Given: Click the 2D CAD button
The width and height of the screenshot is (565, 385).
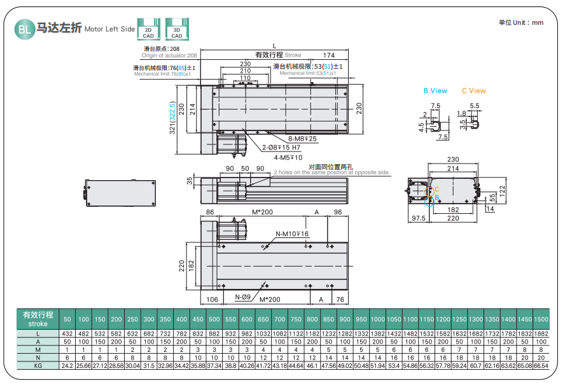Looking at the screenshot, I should tap(148, 30).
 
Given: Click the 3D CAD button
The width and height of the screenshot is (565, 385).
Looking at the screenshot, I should tap(176, 30).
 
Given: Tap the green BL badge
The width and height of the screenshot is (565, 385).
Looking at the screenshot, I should tap(23, 29).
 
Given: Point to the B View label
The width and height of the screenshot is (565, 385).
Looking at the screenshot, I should tap(435, 91).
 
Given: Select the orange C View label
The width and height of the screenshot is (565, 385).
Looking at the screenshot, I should tap(473, 91).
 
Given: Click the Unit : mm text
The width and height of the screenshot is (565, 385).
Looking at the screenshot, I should tap(521, 22).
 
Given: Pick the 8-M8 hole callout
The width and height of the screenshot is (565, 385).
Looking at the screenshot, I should tap(302, 139).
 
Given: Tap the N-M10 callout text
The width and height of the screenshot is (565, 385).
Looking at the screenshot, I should tap(292, 234).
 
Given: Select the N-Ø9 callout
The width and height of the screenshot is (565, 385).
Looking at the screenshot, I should tap(242, 297).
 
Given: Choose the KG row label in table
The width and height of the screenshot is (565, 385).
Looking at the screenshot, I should tap(38, 366).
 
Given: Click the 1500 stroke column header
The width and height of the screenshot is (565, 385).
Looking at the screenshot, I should tap(541, 319).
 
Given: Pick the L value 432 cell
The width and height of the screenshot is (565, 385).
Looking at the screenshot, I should tap(67, 333).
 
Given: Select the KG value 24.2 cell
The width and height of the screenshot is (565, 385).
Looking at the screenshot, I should tap(67, 366).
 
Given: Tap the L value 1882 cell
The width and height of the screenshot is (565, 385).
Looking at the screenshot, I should tap(541, 333).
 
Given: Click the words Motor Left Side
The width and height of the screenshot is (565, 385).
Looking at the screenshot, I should tap(109, 29).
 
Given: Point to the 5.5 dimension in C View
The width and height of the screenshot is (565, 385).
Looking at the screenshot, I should tap(475, 106).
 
